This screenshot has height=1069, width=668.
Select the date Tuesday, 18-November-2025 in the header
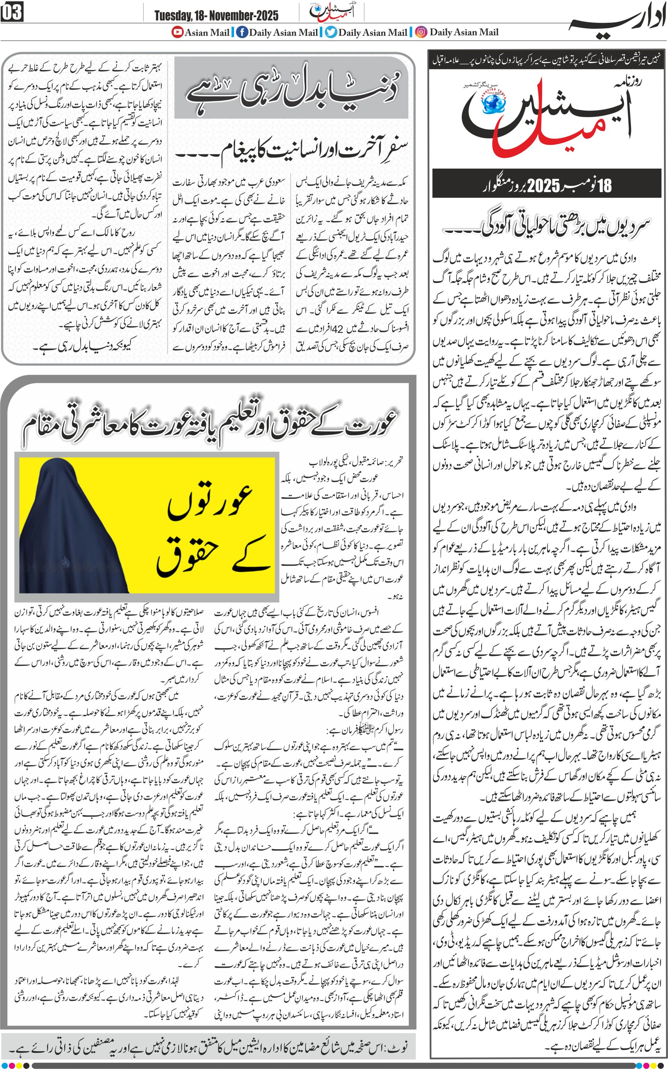(216, 16)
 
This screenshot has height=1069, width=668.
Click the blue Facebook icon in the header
(242, 32)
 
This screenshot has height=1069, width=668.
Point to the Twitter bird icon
(331, 32)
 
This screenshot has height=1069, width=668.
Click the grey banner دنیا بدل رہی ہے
(291, 88)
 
